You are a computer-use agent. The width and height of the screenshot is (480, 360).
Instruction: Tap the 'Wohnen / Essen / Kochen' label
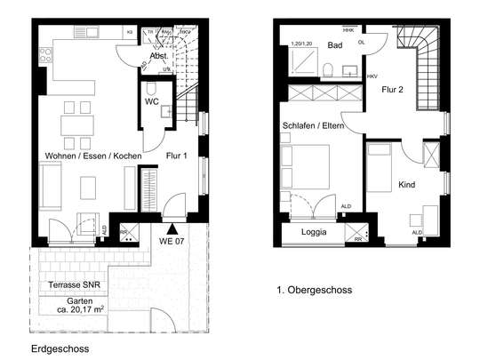coord(92,156)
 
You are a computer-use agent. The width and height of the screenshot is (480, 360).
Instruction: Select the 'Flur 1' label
coord(178,156)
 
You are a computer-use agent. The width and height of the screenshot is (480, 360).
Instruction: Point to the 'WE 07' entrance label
coord(172,240)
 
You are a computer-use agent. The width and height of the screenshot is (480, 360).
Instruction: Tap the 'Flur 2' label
coord(392,89)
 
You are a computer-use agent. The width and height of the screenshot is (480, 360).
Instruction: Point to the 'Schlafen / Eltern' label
coord(317,125)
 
